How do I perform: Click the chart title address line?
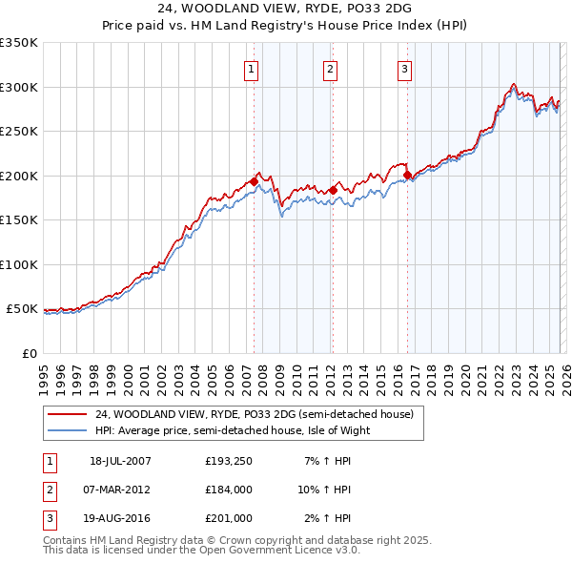[x=285, y=9]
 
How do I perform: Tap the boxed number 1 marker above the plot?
[x=251, y=69]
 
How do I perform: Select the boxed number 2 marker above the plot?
[x=329, y=69]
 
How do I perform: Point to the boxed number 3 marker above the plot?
[x=404, y=69]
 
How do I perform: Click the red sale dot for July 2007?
[x=254, y=181]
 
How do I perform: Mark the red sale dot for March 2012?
[x=332, y=190]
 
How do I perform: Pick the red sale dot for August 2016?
[x=407, y=175]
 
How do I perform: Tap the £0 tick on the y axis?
[x=29, y=353]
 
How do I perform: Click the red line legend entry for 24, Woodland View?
[x=254, y=414]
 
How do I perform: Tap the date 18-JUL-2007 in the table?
[x=120, y=461]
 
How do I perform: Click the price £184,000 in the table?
[x=228, y=490]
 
